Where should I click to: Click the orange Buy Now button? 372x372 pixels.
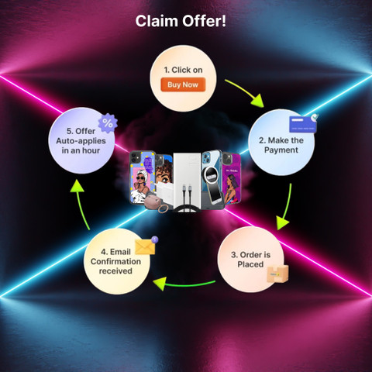tap(183, 84)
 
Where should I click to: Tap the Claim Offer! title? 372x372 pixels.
tap(181, 21)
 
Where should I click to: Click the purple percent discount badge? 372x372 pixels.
tap(108, 123)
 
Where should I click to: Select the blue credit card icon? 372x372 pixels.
tap(303, 124)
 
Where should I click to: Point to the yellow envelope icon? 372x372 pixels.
tap(145, 246)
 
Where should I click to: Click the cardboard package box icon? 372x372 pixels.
tap(277, 274)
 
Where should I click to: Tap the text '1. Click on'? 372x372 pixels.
tap(183, 70)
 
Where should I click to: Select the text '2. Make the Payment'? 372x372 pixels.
tap(281, 145)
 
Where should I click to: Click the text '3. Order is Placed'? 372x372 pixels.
tap(250, 260)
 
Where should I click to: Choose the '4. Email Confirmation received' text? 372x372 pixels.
tap(115, 261)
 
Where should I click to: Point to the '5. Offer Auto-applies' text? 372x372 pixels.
tap(81, 136)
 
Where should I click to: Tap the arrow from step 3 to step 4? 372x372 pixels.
tap(184, 284)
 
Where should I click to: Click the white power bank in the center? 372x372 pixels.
tap(187, 181)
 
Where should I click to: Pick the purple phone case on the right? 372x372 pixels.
tap(231, 178)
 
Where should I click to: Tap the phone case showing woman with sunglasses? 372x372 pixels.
tap(142, 177)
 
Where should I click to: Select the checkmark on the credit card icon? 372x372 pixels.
tap(315, 118)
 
